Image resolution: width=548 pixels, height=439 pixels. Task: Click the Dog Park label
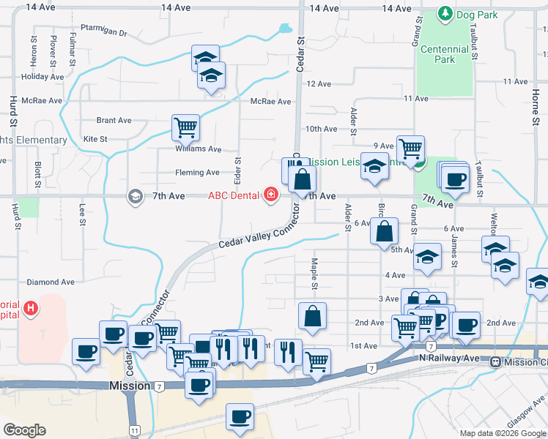click(477, 14)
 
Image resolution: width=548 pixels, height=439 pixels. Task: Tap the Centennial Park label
click(444, 54)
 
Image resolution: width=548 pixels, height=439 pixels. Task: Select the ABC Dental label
click(234, 195)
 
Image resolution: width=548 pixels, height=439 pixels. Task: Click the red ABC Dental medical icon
click(271, 195)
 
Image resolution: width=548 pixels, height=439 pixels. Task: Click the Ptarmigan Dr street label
click(104, 33)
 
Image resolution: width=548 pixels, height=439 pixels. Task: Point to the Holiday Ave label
click(42, 76)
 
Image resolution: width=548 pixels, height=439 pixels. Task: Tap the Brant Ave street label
click(114, 120)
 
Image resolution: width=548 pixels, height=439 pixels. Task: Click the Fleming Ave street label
click(197, 173)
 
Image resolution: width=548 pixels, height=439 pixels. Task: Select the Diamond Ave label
click(51, 282)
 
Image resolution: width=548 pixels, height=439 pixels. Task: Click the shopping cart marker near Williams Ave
click(185, 127)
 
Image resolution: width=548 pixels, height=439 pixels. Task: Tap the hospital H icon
click(30, 308)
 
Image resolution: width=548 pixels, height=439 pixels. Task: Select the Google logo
click(25, 430)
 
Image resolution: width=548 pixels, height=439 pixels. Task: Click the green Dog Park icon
click(444, 14)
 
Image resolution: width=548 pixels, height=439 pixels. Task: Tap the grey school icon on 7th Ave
click(134, 195)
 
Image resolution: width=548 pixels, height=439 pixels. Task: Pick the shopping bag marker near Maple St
click(312, 316)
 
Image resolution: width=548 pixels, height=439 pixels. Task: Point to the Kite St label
click(95, 138)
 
